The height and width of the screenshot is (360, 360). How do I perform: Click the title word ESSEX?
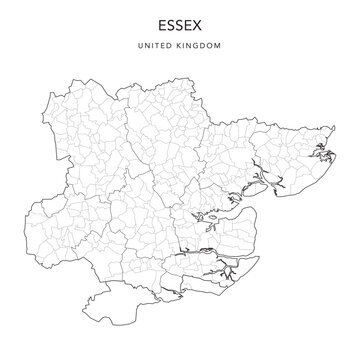click(180, 22)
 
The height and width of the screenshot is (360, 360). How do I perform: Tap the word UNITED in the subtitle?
click(159, 46)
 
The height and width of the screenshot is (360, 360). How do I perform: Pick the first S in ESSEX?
click(171, 22)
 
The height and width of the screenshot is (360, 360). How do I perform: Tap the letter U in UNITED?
click(147, 46)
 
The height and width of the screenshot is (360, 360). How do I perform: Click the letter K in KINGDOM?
click(180, 46)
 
